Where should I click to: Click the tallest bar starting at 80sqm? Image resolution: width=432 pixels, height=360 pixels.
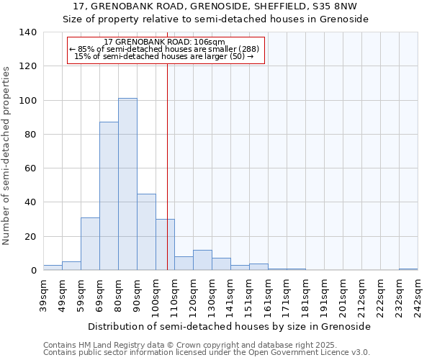(x=127, y=184)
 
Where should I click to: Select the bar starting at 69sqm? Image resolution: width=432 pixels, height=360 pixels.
(x=109, y=196)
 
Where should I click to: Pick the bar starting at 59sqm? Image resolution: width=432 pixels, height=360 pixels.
(x=90, y=244)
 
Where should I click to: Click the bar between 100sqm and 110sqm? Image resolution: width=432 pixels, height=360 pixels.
(x=165, y=245)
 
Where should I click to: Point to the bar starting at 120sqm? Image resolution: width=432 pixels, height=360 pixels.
(x=202, y=260)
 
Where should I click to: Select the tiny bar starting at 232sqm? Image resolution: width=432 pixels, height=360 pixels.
(x=408, y=269)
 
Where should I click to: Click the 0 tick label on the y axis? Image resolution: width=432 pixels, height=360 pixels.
(x=33, y=271)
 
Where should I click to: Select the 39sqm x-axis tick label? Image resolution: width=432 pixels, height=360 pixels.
(x=43, y=295)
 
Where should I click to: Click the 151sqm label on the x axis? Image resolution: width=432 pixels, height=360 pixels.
(x=249, y=295)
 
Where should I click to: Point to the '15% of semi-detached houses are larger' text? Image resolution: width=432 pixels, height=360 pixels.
(x=164, y=56)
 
